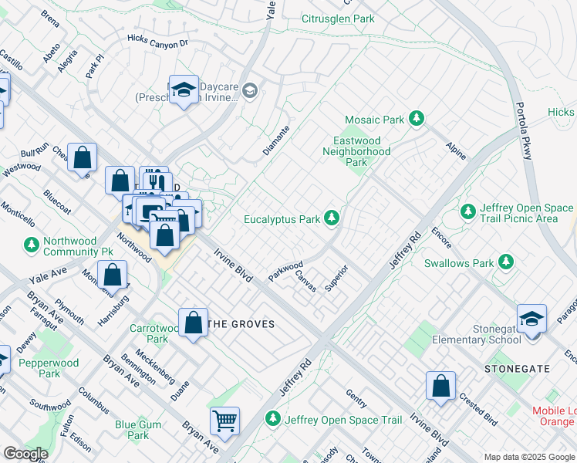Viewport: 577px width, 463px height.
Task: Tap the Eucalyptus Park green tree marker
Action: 332,219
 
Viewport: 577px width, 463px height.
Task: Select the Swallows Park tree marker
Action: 506,262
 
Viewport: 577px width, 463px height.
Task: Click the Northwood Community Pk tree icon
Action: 31,245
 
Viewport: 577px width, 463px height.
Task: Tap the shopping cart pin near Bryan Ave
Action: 224,421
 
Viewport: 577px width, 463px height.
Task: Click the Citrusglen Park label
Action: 337,18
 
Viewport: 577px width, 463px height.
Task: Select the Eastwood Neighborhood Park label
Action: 356,152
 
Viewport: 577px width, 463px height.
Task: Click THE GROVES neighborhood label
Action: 242,324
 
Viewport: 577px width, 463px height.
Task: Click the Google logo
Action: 25,453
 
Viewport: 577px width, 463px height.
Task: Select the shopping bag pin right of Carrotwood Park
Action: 193,323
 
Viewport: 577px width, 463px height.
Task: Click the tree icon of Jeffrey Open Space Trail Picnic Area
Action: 467,211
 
